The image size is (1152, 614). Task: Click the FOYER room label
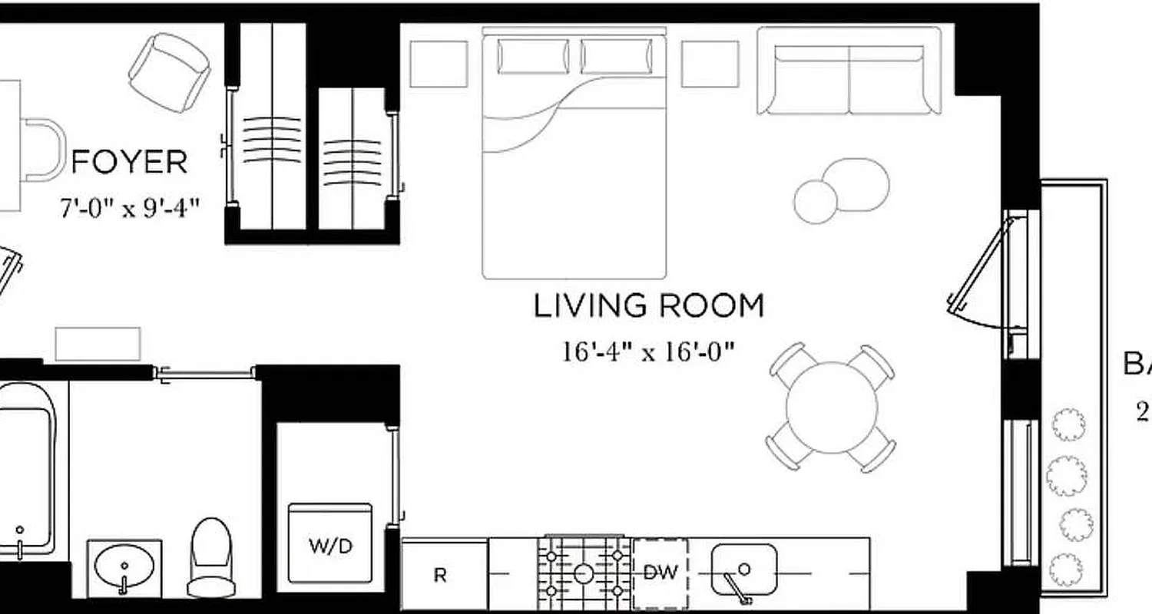point(129,163)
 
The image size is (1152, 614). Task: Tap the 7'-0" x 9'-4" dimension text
point(130,208)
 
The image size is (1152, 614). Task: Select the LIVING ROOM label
point(649,306)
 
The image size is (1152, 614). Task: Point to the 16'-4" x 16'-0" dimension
point(649,352)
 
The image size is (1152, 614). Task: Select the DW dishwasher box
point(660,573)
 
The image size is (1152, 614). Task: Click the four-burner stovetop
point(584,573)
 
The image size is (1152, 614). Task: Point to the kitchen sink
point(743,570)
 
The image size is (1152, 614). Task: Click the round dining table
point(832,408)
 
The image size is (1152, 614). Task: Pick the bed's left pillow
point(533,57)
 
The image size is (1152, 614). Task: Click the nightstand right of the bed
point(710,64)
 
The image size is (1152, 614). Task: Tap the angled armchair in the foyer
point(170,71)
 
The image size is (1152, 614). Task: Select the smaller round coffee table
point(815,202)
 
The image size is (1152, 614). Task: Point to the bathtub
point(25,468)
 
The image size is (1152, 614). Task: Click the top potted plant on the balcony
point(1068,424)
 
